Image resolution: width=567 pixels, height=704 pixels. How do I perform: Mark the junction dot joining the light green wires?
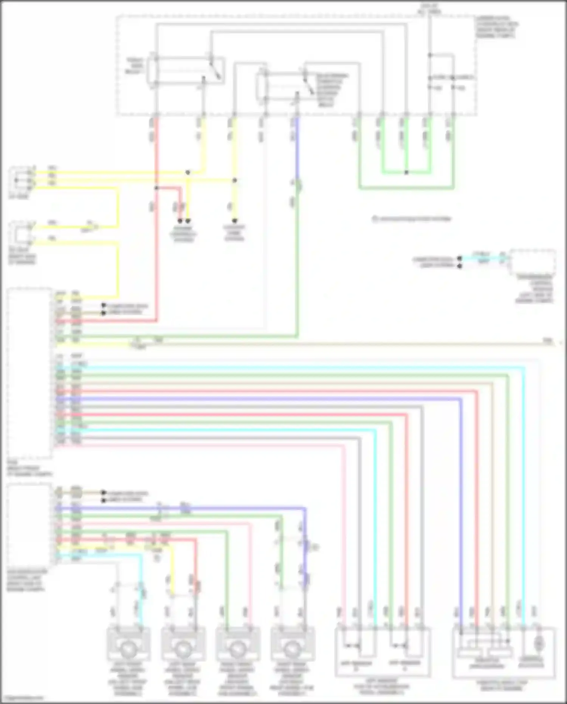point(406,173)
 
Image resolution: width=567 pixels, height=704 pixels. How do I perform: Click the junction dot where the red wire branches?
point(156,188)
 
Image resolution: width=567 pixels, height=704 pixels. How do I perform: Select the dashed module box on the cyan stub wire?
point(532,262)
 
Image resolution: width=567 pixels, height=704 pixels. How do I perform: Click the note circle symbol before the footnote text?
point(375,219)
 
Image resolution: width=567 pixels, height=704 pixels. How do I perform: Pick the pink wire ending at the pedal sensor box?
point(344,530)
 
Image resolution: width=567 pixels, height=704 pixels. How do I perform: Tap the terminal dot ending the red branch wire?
point(180,221)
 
